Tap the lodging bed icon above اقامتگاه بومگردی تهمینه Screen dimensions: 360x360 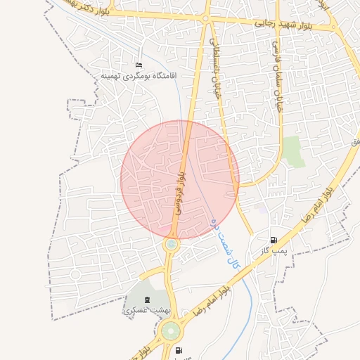point(139,65)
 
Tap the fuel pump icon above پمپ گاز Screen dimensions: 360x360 point(274,240)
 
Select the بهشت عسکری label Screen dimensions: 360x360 point(139,310)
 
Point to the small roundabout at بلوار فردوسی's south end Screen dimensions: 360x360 point(172,244)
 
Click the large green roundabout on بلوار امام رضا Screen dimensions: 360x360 point(171,330)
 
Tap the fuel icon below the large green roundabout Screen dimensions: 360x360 point(178,350)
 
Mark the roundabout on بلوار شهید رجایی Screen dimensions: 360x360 point(205,19)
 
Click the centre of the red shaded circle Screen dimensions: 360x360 point(180,179)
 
